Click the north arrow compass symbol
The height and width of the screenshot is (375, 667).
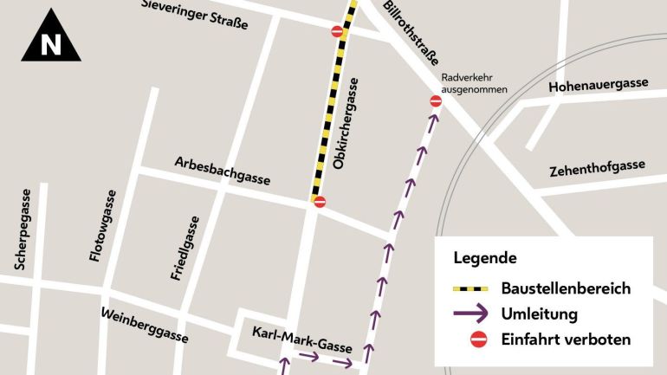click(51, 36)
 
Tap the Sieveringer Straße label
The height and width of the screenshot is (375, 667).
click(194, 15)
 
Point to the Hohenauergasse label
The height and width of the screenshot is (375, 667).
click(599, 84)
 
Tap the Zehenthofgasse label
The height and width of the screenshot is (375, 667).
click(597, 168)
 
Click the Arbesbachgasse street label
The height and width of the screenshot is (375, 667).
click(223, 171)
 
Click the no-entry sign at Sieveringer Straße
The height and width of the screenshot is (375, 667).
click(338, 32)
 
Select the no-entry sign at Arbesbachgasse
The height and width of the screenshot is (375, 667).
click(320, 202)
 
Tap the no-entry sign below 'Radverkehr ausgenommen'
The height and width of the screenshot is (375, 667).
click(436, 101)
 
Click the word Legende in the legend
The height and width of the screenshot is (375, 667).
click(485, 258)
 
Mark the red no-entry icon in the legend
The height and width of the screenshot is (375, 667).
click(477, 339)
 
